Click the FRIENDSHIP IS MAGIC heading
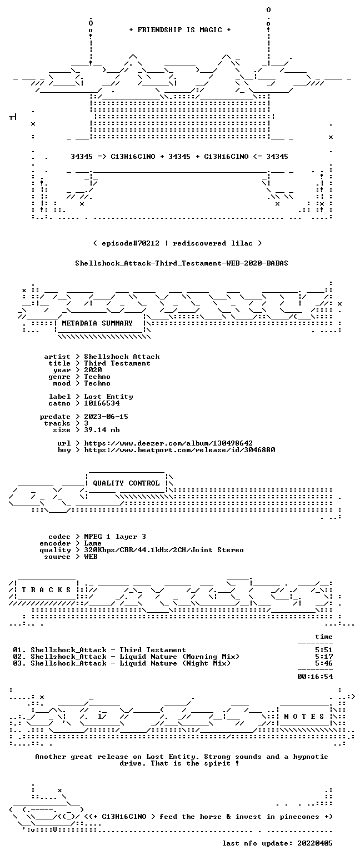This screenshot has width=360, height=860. [x=179, y=30]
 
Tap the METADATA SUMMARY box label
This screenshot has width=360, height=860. [x=97, y=323]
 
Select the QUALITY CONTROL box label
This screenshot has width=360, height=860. [x=126, y=483]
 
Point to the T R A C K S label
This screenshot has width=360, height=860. [x=47, y=589]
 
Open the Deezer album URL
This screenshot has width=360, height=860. [x=168, y=443]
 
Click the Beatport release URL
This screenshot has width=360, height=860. [x=179, y=450]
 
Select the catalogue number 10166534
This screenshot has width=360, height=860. [x=102, y=403]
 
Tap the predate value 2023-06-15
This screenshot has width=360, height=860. [x=106, y=417]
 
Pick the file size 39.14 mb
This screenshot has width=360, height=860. [x=102, y=430]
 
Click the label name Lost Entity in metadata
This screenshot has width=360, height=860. [x=109, y=397]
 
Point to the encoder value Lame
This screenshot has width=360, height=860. [x=93, y=544]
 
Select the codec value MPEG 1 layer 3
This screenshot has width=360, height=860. [x=115, y=537]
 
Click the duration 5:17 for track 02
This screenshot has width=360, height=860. [x=324, y=657]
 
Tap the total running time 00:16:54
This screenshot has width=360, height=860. [x=315, y=677]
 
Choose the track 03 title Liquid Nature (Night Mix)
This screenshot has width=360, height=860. [x=175, y=663]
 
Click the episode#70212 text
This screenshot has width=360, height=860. [x=131, y=243]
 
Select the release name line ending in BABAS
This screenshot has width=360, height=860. [x=182, y=263]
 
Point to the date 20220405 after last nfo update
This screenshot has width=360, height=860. [x=314, y=843]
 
